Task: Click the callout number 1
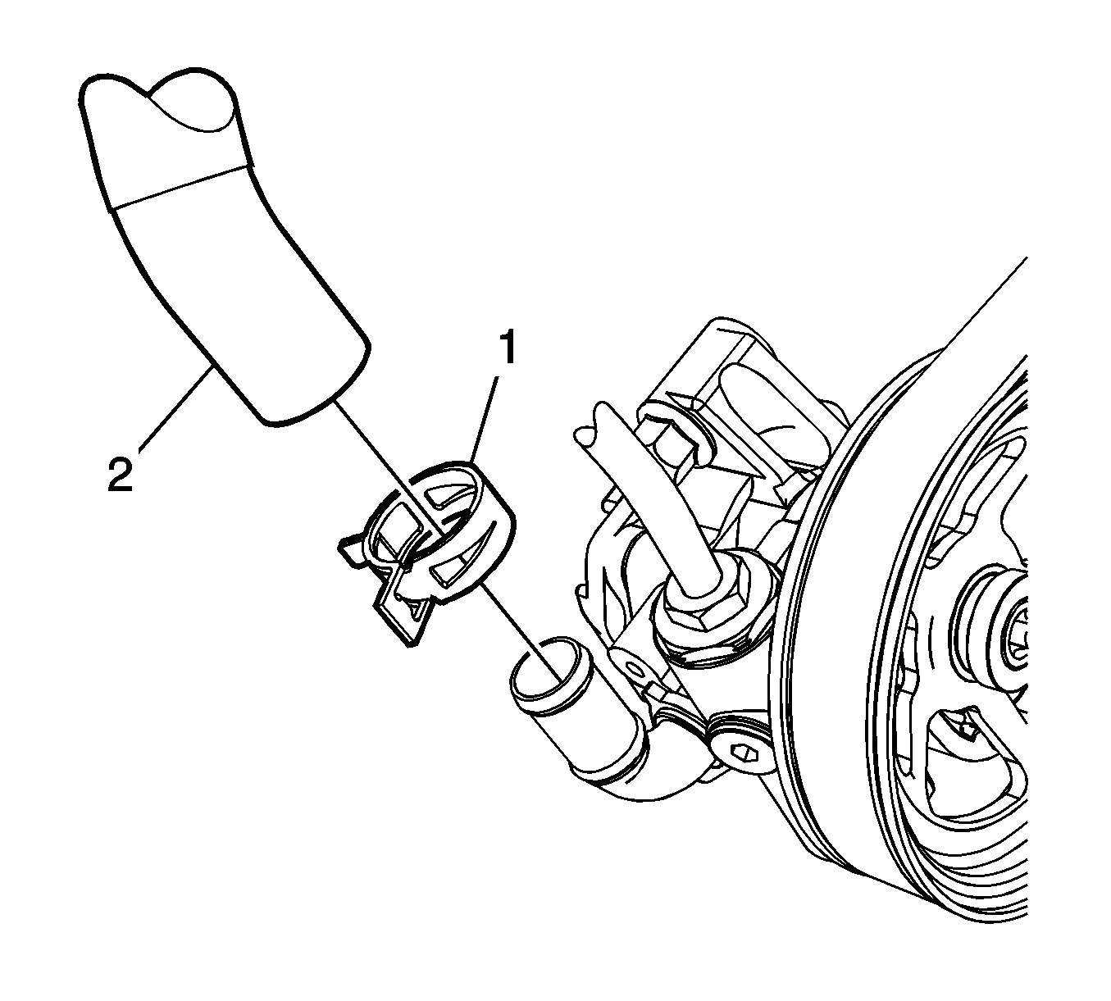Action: pyautogui.click(x=508, y=348)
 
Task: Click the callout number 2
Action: pyautogui.click(x=121, y=474)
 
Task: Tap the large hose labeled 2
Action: pyautogui.click(x=221, y=249)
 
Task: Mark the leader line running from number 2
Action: pyautogui.click(x=173, y=409)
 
